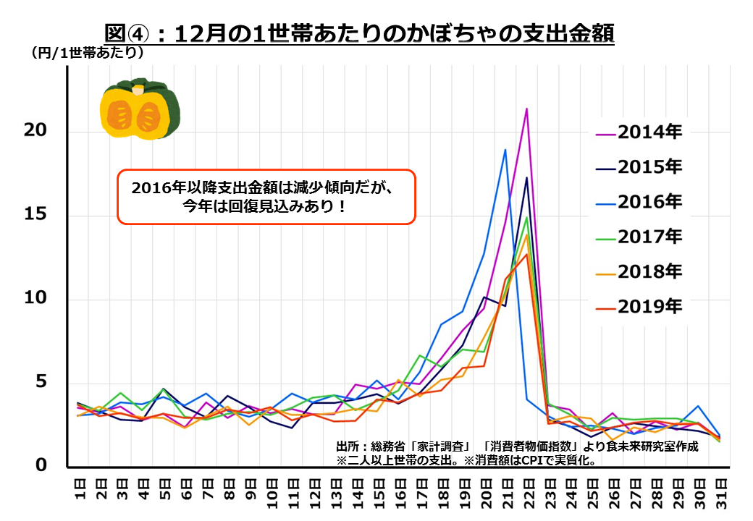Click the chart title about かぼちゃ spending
pyautogui.click(x=359, y=33)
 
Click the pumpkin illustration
pyautogui.click(x=140, y=109)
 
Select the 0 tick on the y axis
pyautogui.click(x=40, y=466)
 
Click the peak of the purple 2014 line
pyautogui.click(x=526, y=109)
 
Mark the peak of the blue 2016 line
pyautogui.click(x=505, y=150)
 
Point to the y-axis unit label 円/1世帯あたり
pyautogui.click(x=87, y=54)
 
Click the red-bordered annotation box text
pyautogui.click(x=266, y=197)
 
